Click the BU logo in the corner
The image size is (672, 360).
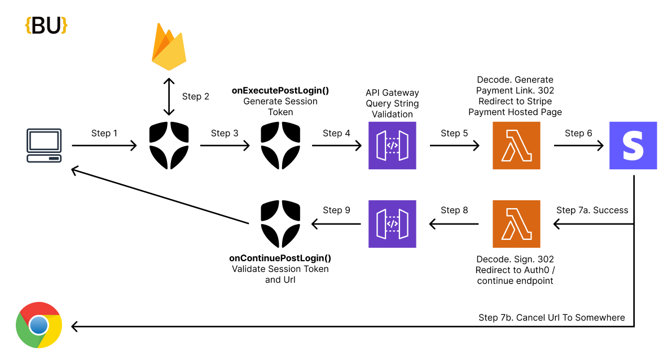(46, 25)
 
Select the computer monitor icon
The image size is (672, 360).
(44, 146)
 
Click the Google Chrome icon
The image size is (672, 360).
(39, 326)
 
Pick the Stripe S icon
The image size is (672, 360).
(633, 146)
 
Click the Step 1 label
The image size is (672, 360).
(104, 133)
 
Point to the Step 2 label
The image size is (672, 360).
(196, 96)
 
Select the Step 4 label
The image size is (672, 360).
(336, 133)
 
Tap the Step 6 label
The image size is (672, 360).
(578, 133)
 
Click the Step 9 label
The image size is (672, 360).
(336, 210)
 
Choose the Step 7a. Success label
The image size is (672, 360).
(592, 210)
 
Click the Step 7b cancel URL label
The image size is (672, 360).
(551, 317)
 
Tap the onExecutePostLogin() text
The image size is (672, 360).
(280, 90)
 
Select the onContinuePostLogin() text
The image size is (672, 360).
(280, 258)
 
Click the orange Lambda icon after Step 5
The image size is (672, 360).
(516, 146)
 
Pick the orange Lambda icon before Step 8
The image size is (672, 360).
(516, 224)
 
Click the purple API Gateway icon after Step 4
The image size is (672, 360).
(392, 146)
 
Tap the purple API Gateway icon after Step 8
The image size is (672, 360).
(392, 224)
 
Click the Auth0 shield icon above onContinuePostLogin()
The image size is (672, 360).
(280, 224)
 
